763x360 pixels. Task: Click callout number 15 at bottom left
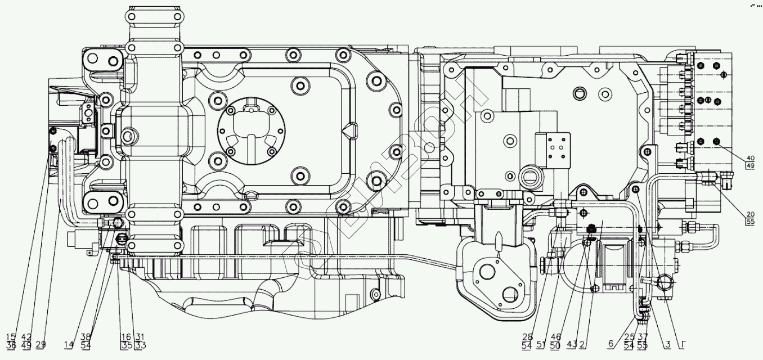click(11, 336)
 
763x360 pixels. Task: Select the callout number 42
click(26, 336)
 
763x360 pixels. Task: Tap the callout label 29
click(41, 344)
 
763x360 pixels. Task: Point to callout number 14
click(69, 344)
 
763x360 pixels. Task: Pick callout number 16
click(126, 336)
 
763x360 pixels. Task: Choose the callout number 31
click(140, 336)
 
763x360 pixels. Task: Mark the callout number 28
click(526, 336)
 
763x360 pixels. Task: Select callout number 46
click(555, 336)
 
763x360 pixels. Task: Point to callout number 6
click(611, 344)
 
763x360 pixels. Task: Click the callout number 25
click(629, 336)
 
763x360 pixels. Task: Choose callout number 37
click(643, 336)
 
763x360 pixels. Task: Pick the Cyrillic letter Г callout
click(683, 344)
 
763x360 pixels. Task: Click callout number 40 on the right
click(750, 157)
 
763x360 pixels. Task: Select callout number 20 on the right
click(750, 214)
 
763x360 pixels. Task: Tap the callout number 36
click(11, 345)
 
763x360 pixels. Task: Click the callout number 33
click(140, 345)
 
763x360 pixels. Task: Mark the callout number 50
click(555, 345)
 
